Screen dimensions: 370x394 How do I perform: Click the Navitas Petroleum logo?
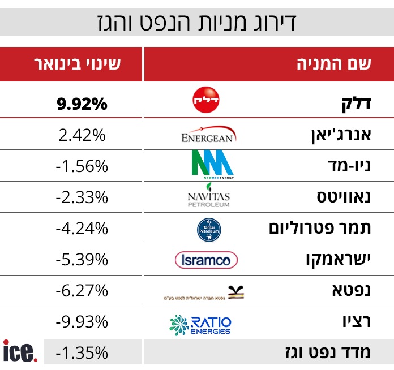coord(208,197)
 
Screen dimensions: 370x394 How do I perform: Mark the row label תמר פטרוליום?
coord(320,229)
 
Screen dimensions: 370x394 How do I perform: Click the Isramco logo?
coord(206,260)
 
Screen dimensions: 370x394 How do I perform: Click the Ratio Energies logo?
coord(200,324)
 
